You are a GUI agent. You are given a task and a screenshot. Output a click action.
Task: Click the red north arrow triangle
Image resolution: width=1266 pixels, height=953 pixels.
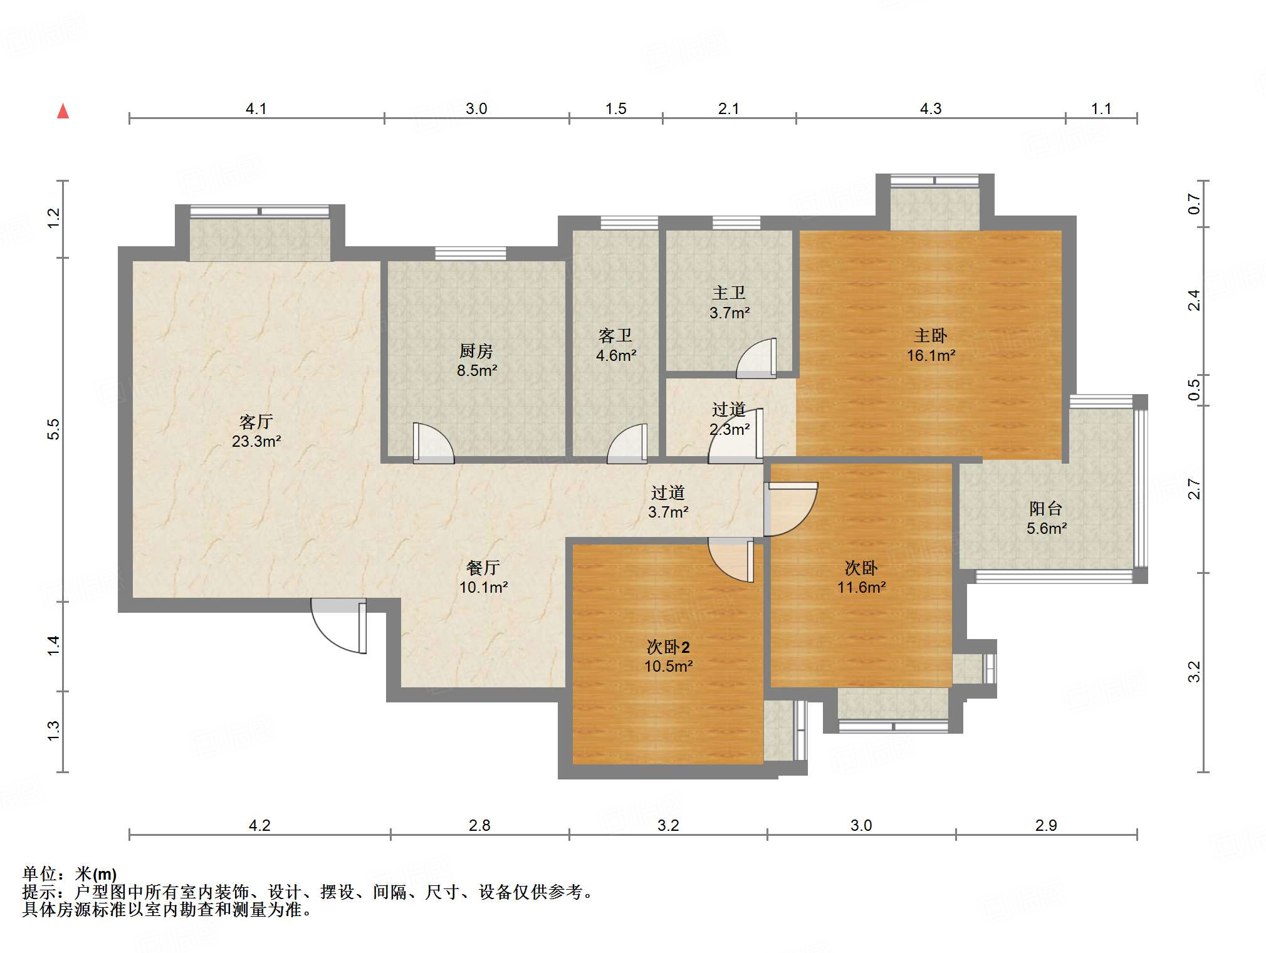point(63,111)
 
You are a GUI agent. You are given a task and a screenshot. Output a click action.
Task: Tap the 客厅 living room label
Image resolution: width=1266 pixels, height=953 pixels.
point(256,422)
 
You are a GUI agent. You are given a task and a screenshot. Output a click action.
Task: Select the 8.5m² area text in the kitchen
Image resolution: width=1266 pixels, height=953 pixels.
point(477,370)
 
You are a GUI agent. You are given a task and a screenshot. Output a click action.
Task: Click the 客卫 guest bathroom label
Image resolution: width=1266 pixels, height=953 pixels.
point(615,336)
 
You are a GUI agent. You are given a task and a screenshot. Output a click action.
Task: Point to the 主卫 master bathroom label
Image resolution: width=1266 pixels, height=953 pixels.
point(729,293)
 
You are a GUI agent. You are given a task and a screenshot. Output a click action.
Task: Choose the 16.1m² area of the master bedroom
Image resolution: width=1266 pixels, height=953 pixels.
point(931,355)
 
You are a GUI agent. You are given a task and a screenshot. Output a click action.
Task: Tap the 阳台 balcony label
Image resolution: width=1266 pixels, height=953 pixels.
point(1046,508)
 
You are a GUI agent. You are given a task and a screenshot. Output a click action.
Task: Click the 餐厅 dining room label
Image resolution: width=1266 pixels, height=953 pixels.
point(483,568)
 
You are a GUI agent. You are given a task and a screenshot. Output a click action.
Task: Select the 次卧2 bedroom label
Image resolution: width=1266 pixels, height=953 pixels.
point(668,647)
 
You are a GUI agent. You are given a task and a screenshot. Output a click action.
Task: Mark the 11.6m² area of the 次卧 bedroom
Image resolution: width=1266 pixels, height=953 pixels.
point(861,587)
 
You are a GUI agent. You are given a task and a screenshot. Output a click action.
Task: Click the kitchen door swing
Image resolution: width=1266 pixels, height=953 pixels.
point(433,444)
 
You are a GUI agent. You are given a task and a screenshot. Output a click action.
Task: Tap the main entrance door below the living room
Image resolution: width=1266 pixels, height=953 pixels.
point(339,626)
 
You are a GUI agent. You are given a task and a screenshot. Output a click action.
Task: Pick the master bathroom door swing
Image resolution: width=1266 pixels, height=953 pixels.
point(756,358)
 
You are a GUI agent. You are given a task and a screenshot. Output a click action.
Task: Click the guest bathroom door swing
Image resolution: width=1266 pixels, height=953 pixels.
point(627,444)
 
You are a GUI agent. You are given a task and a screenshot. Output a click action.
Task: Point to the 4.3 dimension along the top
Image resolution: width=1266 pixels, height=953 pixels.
point(931,108)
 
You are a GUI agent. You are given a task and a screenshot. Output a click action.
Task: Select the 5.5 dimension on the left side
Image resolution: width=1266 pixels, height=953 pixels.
point(53,429)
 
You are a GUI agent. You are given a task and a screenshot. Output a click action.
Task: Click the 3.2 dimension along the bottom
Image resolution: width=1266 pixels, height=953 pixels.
point(668,825)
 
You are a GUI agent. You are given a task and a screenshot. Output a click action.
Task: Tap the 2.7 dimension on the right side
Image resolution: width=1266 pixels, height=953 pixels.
point(1195,489)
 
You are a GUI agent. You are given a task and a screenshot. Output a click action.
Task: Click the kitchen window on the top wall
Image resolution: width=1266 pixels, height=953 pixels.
point(471,253)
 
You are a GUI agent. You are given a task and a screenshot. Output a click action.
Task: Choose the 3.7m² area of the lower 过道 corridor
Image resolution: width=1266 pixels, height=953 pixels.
point(668,512)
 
